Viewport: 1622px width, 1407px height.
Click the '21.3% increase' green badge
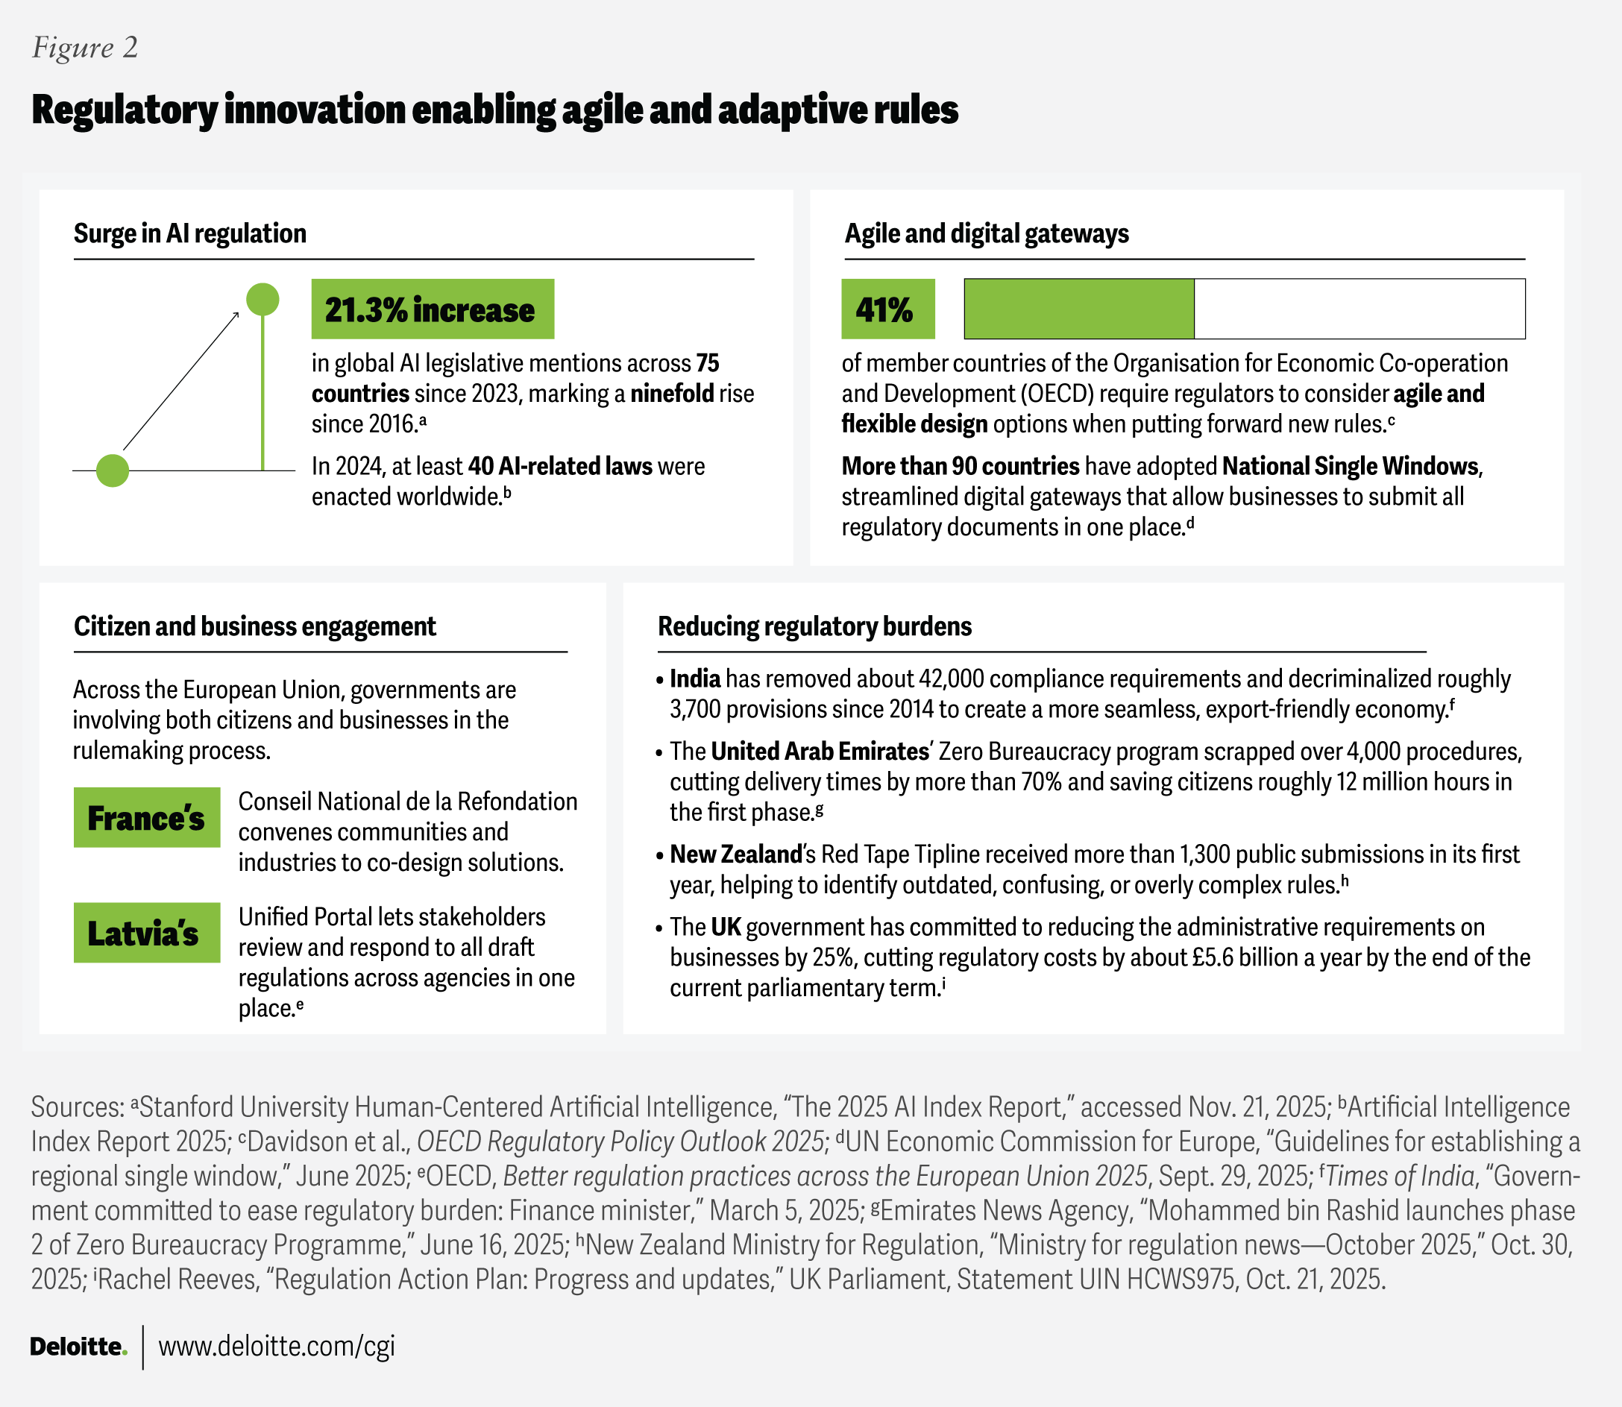pyautogui.click(x=433, y=309)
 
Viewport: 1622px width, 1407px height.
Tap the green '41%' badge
pyautogui.click(x=888, y=309)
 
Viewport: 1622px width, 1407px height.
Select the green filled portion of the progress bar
pyautogui.click(x=1078, y=309)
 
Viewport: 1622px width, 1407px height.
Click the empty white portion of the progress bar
pyautogui.click(x=1359, y=309)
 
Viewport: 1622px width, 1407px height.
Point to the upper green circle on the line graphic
pyautogui.click(x=263, y=299)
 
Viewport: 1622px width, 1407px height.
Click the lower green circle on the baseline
pyautogui.click(x=113, y=470)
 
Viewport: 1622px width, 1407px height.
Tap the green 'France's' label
pyautogui.click(x=147, y=817)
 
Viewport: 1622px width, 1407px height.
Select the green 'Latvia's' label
pyautogui.click(x=147, y=933)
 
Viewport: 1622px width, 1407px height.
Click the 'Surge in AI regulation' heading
pyautogui.click(x=190, y=233)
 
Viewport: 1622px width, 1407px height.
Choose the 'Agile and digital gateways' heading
pyautogui.click(x=987, y=233)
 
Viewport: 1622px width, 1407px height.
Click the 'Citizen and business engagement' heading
pyautogui.click(x=255, y=626)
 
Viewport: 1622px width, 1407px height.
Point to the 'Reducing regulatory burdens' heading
pyautogui.click(x=815, y=626)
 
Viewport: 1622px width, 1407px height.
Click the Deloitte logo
pyautogui.click(x=78, y=1347)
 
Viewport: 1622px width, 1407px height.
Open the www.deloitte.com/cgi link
pyautogui.click(x=277, y=1347)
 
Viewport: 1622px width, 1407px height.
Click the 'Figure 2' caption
pyautogui.click(x=85, y=48)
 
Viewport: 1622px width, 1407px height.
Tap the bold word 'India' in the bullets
pyautogui.click(x=695, y=679)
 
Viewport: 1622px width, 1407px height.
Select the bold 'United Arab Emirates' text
pyautogui.click(x=820, y=752)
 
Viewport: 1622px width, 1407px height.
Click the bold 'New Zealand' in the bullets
pyautogui.click(x=735, y=854)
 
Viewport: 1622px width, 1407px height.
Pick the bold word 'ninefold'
pyautogui.click(x=672, y=393)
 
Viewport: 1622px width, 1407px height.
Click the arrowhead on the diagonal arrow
pyautogui.click(x=235, y=316)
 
